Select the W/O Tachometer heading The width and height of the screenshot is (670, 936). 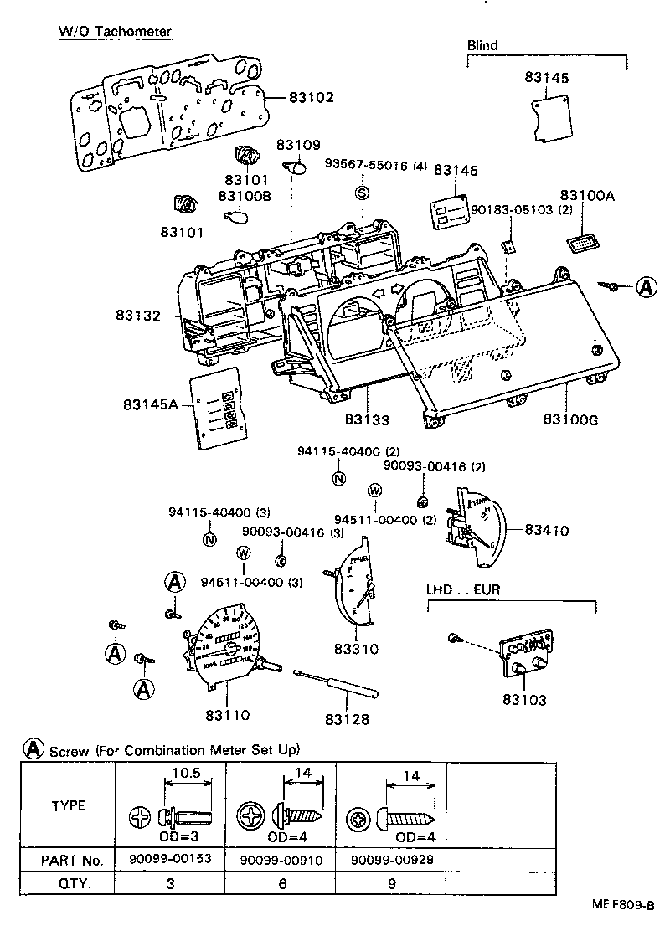(115, 32)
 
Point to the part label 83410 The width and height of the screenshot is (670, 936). (547, 530)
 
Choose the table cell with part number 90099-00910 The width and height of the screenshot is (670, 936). (282, 860)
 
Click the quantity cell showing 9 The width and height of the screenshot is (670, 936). (391, 883)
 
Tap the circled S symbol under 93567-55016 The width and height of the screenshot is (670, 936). (362, 193)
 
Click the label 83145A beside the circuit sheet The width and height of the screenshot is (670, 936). (151, 404)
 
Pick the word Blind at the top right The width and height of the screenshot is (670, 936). (482, 45)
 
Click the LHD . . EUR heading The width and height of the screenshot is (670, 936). (463, 589)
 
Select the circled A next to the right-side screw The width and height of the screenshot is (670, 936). (647, 287)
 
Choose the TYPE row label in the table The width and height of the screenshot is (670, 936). (69, 806)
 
